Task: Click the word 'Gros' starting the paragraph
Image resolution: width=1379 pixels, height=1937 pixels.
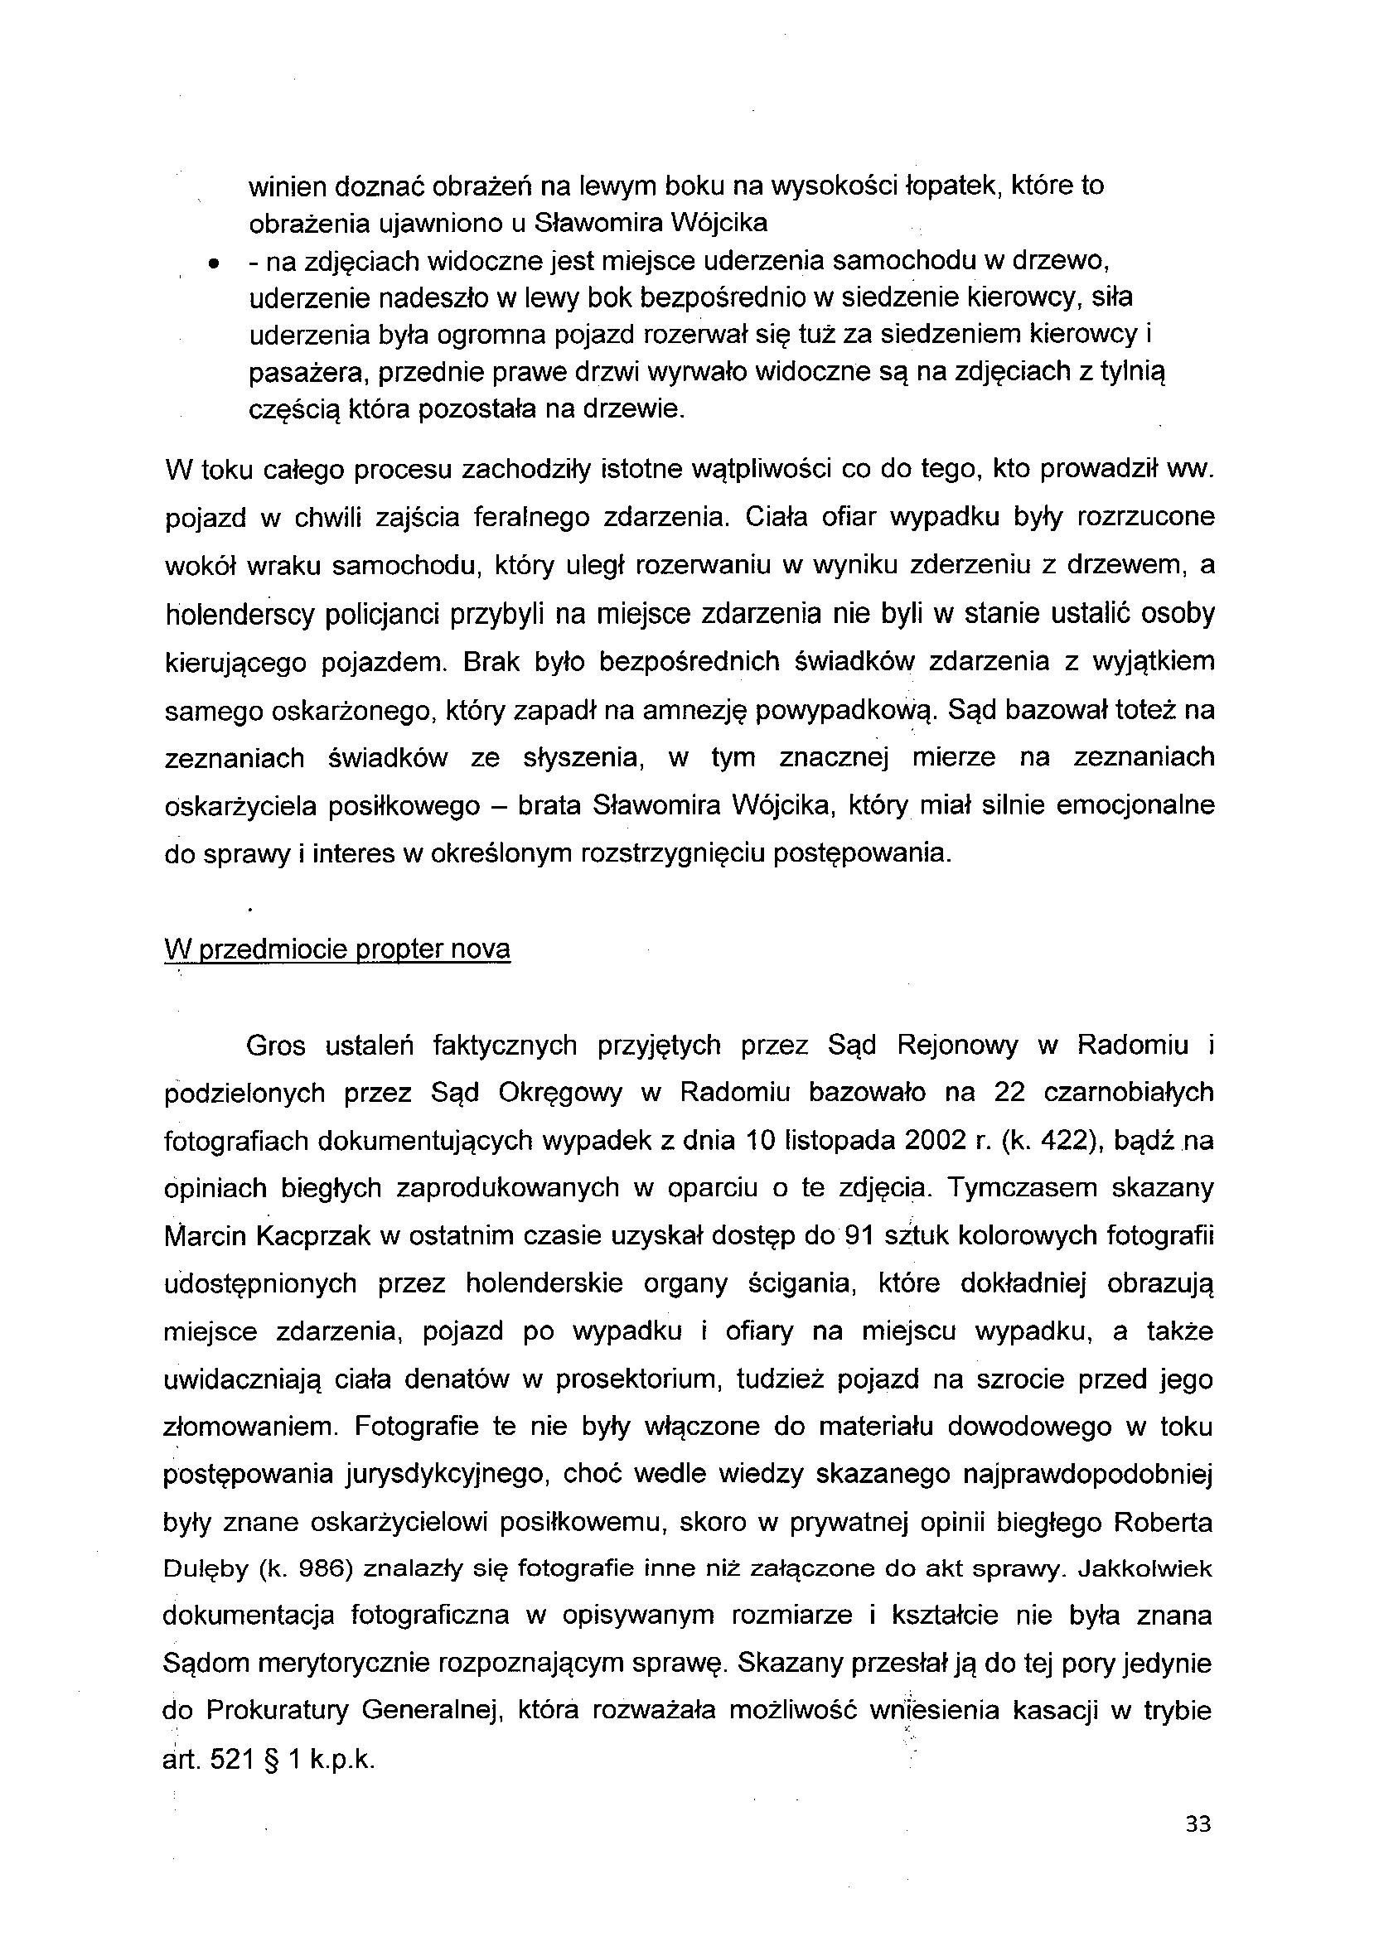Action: pyautogui.click(x=276, y=1045)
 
